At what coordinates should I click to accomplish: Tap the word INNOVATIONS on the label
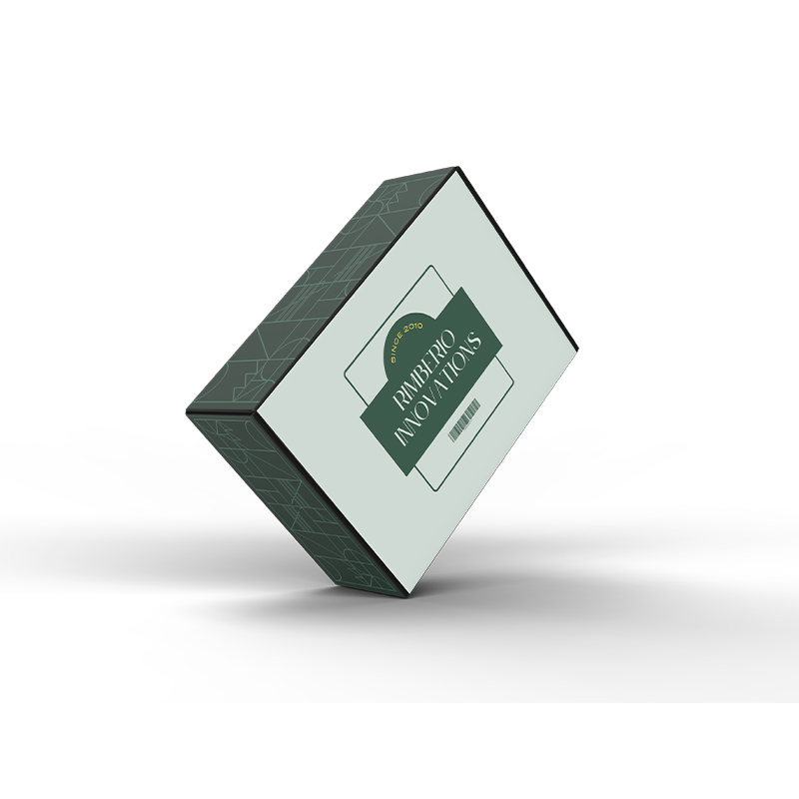point(439,391)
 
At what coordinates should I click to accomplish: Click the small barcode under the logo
point(464,419)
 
